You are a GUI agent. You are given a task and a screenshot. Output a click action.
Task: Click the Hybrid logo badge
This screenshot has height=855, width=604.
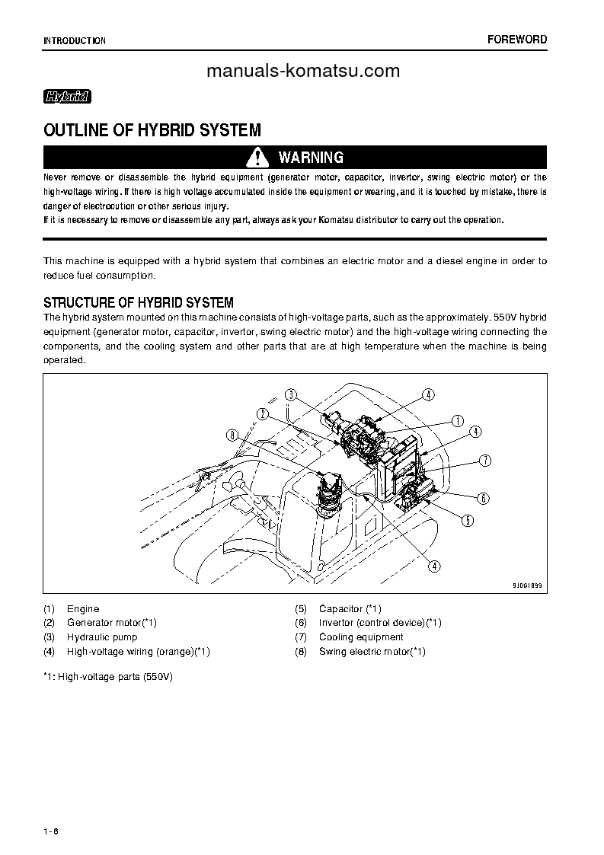(x=68, y=97)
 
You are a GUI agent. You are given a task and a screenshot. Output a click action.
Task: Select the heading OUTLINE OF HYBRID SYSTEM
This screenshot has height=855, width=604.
(x=152, y=130)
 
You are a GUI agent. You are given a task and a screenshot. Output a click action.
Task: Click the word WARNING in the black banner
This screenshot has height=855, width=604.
(x=311, y=158)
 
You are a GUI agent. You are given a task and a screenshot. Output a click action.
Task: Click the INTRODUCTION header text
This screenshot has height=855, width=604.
(x=75, y=40)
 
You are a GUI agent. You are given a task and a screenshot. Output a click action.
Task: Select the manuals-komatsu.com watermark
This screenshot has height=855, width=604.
(x=303, y=71)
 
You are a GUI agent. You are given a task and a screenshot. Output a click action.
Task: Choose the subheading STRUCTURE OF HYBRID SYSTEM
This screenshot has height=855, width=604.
(x=139, y=302)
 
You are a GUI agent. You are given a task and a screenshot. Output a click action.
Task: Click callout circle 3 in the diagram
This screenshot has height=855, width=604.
(x=291, y=394)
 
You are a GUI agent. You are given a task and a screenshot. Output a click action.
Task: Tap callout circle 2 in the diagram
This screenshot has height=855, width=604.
(x=263, y=413)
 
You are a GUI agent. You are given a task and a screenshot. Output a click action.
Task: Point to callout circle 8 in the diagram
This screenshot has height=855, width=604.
(x=232, y=435)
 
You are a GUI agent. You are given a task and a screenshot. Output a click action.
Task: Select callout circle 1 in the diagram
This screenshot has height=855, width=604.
(x=458, y=420)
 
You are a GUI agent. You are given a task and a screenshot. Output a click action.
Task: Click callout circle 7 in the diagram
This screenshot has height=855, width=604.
(x=484, y=460)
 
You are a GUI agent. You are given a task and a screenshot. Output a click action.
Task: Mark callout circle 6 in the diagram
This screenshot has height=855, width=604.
(x=483, y=499)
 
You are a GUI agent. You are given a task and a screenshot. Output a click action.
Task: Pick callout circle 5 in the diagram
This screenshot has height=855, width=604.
(x=468, y=521)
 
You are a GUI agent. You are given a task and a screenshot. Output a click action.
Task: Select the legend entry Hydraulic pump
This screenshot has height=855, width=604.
(x=102, y=637)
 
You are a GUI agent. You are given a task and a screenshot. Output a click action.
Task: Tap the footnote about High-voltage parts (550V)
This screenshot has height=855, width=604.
(x=108, y=676)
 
